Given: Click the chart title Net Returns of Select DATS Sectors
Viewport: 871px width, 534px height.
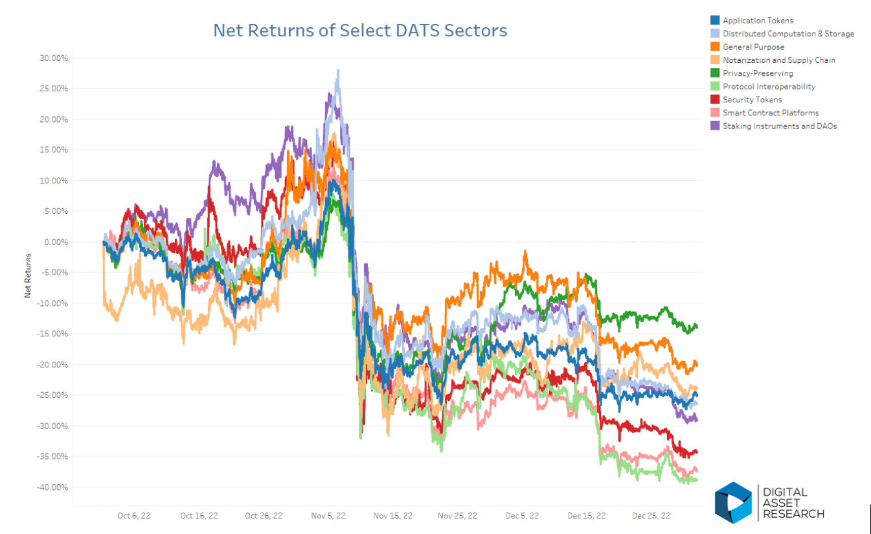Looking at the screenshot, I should (360, 30).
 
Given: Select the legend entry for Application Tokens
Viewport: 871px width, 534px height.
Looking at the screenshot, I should (758, 21).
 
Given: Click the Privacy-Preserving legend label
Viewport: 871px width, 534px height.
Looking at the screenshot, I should (758, 73).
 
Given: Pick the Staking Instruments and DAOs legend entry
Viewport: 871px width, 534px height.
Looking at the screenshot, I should (780, 126).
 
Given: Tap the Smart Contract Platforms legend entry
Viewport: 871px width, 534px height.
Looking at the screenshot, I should (771, 113).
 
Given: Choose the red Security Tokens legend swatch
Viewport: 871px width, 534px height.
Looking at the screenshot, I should (715, 100).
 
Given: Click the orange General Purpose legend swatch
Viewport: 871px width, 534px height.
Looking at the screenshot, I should (715, 47).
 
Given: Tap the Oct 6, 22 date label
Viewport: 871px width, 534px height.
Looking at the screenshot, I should (134, 516).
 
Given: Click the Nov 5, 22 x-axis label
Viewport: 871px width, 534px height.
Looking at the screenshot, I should (328, 516).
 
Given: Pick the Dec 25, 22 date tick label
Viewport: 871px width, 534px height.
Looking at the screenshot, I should (651, 516).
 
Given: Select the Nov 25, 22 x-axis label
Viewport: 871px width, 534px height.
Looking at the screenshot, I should (457, 516).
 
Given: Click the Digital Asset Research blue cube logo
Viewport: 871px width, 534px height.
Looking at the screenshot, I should (733, 502).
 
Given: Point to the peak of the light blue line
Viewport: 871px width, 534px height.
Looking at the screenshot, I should (338, 71).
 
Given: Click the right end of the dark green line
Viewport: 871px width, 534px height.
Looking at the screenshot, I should (696, 325).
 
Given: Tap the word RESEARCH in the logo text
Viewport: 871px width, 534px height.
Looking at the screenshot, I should (793, 514).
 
